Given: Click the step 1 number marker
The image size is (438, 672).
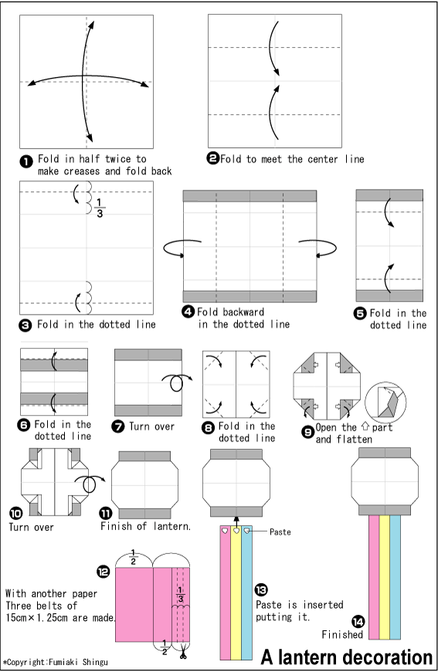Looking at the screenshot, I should pyautogui.click(x=25, y=160).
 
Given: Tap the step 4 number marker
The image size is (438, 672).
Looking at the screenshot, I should pyautogui.click(x=188, y=312).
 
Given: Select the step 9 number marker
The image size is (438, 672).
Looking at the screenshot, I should pyautogui.click(x=307, y=432).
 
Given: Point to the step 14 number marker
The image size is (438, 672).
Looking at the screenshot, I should pyautogui.click(x=358, y=622).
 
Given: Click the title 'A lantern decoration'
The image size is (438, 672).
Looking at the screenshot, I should pyautogui.click(x=346, y=657).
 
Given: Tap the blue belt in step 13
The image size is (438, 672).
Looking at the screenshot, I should pyautogui.click(x=246, y=594).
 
